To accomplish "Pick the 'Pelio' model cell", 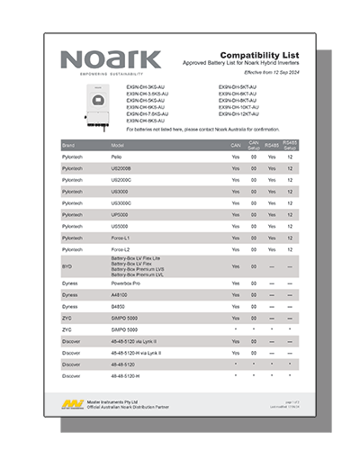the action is [117, 157].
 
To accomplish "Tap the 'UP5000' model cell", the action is [120, 214].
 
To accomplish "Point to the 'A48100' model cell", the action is [120, 295].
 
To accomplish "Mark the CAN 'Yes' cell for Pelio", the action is [236, 157].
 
